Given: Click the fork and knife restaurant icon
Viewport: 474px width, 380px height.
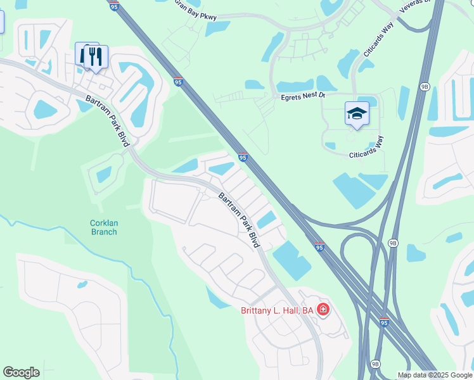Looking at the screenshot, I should click(96, 56).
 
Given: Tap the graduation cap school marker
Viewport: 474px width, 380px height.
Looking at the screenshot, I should click(357, 114).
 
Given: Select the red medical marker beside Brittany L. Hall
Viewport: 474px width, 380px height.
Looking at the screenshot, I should click(323, 310).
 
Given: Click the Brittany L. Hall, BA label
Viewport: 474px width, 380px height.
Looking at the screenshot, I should click(278, 310).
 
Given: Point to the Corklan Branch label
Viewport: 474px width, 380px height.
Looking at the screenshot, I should click(103, 227).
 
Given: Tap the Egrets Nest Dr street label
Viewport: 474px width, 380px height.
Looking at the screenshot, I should click(303, 96).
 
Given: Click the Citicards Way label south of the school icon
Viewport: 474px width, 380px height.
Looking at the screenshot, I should click(367, 150).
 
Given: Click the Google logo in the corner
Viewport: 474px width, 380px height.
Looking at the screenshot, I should click(21, 372).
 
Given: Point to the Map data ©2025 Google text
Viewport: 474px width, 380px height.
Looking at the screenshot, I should click(435, 375).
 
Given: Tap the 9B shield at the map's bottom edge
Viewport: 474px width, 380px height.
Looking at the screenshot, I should click(375, 364).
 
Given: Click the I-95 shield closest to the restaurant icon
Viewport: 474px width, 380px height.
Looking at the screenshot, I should click(179, 81).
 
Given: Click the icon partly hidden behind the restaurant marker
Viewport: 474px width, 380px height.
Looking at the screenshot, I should click(82, 54).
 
